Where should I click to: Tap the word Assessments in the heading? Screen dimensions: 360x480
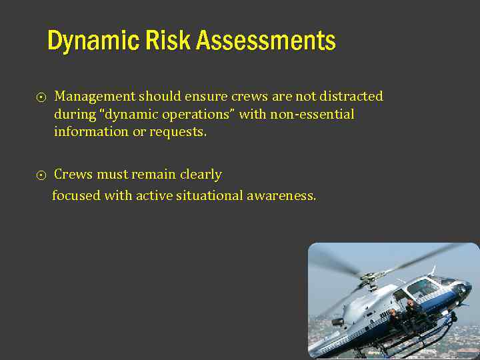click(x=265, y=41)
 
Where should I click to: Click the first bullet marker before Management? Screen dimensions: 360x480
click(x=41, y=98)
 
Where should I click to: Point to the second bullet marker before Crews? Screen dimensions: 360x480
click(x=41, y=176)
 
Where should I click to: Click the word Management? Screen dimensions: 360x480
click(x=95, y=97)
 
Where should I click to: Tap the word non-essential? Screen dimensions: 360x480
click(x=312, y=115)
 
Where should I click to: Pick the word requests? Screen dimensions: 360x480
click(x=178, y=132)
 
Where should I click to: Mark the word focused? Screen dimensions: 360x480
click(x=76, y=196)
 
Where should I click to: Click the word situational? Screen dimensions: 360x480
click(x=206, y=196)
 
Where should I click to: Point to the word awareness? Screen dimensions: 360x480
click(x=281, y=196)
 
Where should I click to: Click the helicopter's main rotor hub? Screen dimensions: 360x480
click(x=368, y=274)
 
